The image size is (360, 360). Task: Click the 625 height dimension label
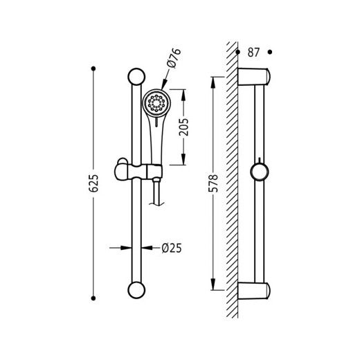tap(93, 183)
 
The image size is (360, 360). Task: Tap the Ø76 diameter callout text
tap(174, 57)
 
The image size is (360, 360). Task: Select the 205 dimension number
tap(183, 127)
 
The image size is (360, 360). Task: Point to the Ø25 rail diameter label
tap(172, 249)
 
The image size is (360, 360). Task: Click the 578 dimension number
tap(213, 183)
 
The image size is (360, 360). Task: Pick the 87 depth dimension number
tap(253, 53)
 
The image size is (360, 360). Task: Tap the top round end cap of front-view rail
tap(136, 77)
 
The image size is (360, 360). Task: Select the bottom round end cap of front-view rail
tap(136, 290)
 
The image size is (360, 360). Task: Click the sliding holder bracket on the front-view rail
tap(138, 171)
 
